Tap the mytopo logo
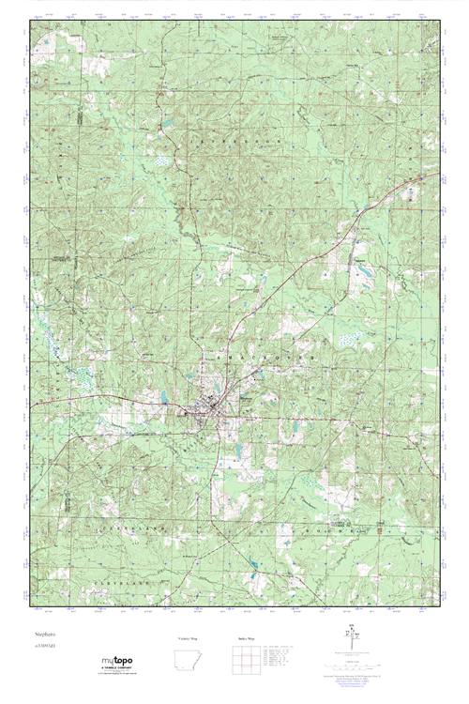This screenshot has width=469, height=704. click(124, 663)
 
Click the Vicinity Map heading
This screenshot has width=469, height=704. click(189, 638)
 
